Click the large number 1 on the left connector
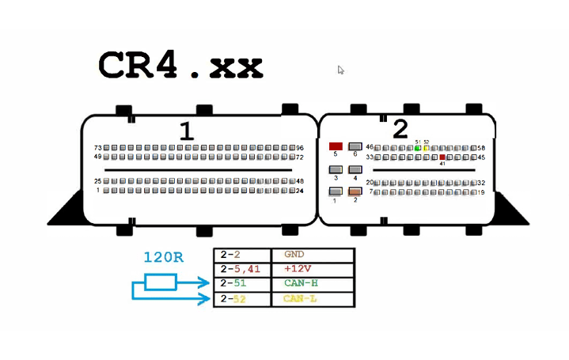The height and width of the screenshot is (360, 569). [186, 131]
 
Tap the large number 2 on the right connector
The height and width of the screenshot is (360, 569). [400, 129]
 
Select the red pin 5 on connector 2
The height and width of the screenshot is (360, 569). [336, 146]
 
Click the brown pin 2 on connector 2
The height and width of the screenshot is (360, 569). [355, 191]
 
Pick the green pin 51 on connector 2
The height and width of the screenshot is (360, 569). [417, 148]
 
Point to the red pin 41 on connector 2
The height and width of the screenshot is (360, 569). [442, 157]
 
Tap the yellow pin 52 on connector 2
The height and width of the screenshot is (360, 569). [426, 148]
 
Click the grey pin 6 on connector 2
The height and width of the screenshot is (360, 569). [355, 146]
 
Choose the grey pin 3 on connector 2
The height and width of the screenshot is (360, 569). [336, 169]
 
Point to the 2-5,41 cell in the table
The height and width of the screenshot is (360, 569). [242, 270]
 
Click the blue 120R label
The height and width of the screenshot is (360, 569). [164, 258]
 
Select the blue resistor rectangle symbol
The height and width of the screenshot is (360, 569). [161, 282]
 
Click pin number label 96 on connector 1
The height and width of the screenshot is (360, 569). [300, 148]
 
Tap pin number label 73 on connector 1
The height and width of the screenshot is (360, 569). [98, 148]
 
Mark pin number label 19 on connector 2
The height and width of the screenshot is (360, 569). [480, 192]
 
